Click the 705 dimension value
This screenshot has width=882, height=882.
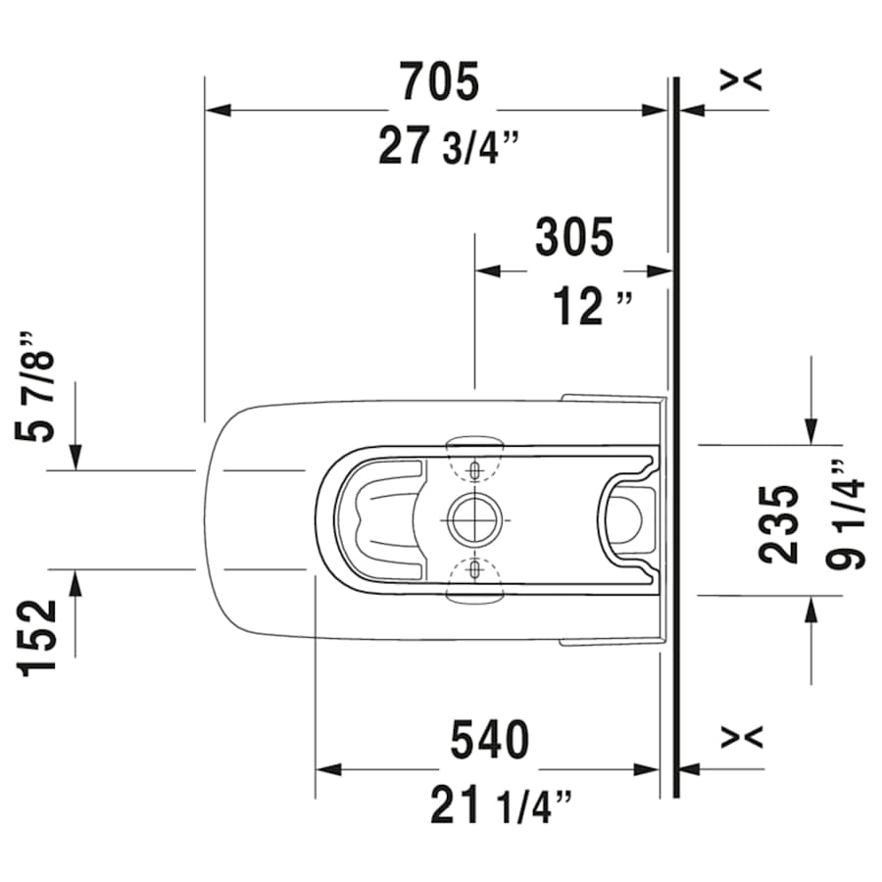tap(439, 81)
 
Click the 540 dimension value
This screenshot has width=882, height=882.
tap(489, 740)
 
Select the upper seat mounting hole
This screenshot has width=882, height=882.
tap(474, 470)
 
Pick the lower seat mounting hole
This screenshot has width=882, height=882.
tap(474, 568)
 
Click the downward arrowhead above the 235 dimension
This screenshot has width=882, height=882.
tap(811, 430)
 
